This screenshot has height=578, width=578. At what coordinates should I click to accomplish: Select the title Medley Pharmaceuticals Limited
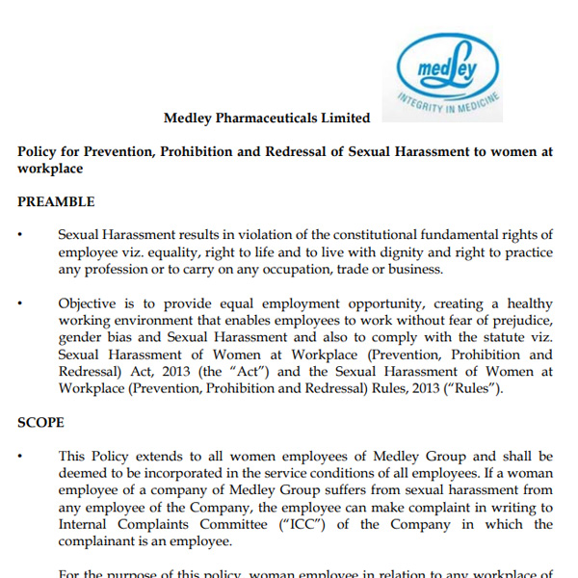[x=267, y=118]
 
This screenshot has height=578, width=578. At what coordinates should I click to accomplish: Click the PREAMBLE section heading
[x=56, y=202]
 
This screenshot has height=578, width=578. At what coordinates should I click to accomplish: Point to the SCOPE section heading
[x=41, y=422]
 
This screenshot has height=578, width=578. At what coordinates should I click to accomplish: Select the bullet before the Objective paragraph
[x=20, y=303]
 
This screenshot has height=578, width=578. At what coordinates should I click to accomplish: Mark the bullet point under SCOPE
[x=20, y=457]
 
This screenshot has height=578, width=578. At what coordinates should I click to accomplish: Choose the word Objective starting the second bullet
[x=89, y=302]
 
